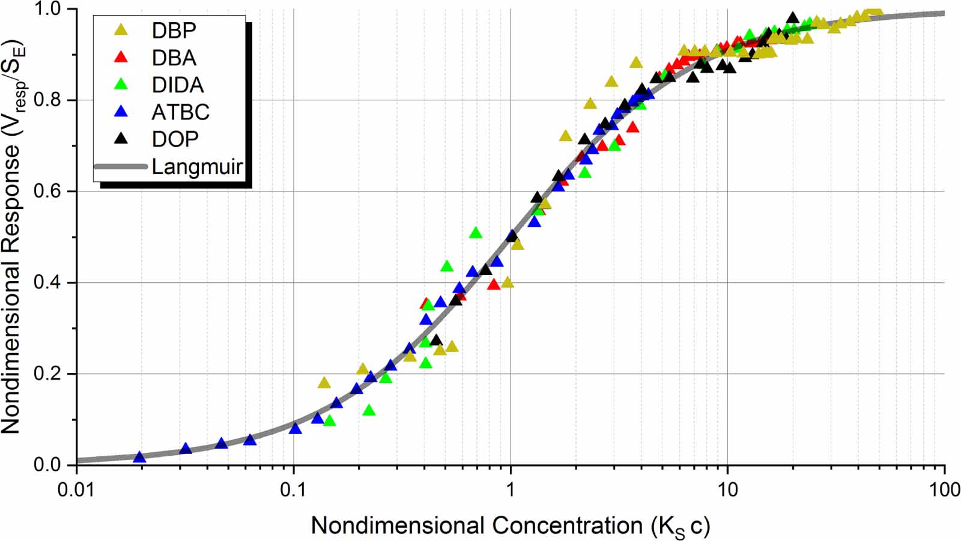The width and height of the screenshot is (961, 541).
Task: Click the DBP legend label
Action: tap(174, 31)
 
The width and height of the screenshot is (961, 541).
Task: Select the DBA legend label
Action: tap(174, 58)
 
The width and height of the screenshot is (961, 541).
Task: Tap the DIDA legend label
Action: tap(178, 85)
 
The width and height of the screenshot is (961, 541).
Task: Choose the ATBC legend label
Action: tap(181, 112)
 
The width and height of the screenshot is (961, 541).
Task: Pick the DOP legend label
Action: tap(175, 139)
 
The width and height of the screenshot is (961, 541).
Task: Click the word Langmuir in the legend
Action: tap(198, 167)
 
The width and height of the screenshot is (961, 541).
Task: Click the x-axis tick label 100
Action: tap(943, 489)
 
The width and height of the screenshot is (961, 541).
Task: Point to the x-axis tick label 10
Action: tap(727, 489)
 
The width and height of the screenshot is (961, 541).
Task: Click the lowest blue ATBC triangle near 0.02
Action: tap(139, 458)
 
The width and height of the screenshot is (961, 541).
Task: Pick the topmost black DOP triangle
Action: tap(792, 17)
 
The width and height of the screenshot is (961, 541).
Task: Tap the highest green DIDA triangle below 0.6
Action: tap(475, 233)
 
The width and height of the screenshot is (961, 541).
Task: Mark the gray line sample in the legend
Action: tap(121, 166)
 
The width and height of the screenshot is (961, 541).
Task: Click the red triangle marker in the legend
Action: tap(123, 57)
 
